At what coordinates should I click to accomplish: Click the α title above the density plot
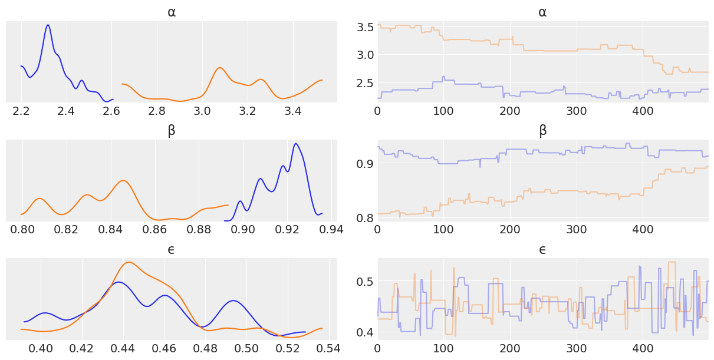171,12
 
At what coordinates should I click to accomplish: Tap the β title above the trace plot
542,131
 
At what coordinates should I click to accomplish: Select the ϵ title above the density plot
171,250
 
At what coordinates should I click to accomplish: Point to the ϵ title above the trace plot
542,250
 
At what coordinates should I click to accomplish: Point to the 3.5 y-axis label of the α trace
366,27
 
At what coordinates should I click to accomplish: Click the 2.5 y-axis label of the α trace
366,83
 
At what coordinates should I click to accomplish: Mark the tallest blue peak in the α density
48,25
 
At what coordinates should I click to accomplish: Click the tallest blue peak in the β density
295,144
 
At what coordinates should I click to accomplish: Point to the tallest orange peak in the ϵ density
129,262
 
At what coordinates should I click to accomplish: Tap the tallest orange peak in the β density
123,180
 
